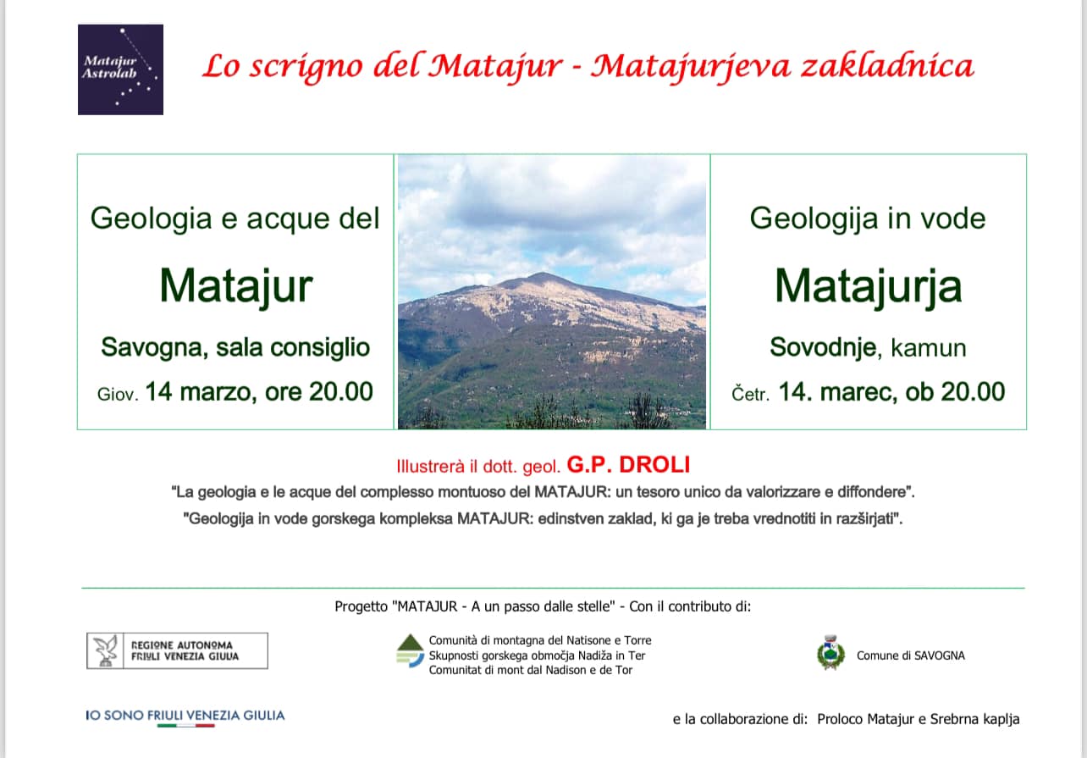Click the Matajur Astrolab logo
[x=120, y=69]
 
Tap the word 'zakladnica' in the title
[x=887, y=66]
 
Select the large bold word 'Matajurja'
[x=868, y=286]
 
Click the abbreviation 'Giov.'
[x=118, y=394]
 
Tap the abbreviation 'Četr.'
[x=751, y=393]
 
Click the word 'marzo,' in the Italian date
[x=218, y=392]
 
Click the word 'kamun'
[x=929, y=348]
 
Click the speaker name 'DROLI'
[x=654, y=465]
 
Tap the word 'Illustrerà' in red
[x=430, y=466]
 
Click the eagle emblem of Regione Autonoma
[x=105, y=650]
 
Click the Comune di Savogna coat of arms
[x=830, y=652]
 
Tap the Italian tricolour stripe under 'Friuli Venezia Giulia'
[x=186, y=726]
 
